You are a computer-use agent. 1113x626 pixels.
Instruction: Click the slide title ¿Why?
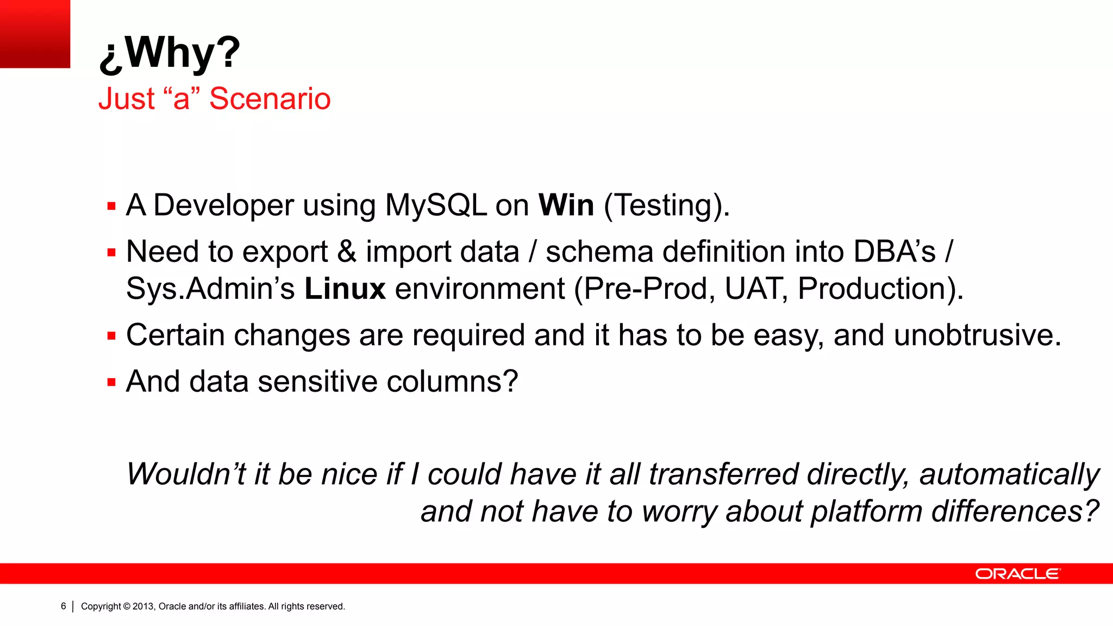169,53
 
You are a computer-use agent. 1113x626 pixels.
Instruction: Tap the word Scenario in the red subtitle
270,99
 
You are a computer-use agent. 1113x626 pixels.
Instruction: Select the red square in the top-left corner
35,34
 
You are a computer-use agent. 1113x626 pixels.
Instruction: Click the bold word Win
566,205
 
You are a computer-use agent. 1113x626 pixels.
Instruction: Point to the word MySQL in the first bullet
436,205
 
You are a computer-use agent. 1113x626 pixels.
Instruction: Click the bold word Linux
345,289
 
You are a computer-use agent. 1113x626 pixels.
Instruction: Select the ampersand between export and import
347,252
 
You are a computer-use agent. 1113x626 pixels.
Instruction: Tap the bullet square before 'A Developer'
111,206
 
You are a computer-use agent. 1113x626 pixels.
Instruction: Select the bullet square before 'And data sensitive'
111,383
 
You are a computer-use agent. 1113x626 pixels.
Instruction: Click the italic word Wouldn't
186,474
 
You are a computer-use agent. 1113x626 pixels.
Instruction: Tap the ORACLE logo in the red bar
1017,574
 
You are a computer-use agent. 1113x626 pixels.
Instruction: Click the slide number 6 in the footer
63,606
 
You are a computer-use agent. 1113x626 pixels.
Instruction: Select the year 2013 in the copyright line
143,606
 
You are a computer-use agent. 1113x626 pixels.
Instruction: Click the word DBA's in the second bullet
894,252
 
